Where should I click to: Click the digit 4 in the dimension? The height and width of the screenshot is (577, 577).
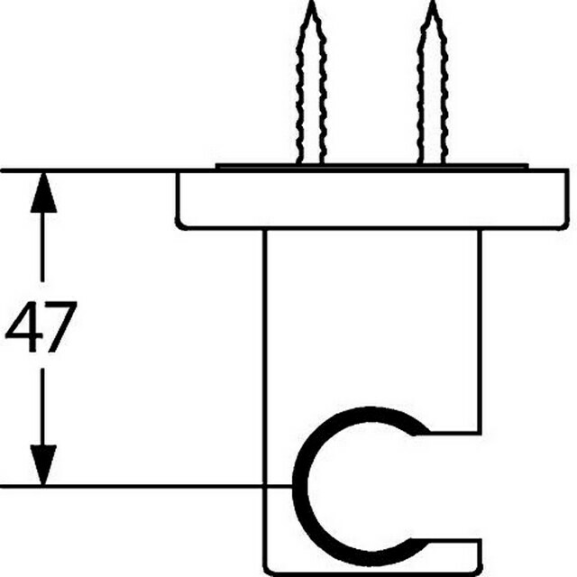click(x=23, y=326)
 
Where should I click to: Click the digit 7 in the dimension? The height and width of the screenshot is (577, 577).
click(x=60, y=326)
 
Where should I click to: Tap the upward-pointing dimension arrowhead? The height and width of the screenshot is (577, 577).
click(x=43, y=192)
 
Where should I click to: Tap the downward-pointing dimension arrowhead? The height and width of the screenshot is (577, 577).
click(x=43, y=465)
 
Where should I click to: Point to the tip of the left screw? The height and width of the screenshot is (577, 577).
click(x=311, y=2)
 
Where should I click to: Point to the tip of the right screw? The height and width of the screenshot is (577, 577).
click(x=433, y=2)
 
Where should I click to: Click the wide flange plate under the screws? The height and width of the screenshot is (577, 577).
click(x=372, y=200)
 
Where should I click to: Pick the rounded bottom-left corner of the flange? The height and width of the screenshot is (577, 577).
click(x=180, y=225)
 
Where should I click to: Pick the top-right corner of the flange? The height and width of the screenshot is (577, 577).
click(x=567, y=170)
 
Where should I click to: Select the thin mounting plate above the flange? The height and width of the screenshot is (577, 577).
click(x=371, y=166)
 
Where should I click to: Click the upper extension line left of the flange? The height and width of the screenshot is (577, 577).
click(x=88, y=170)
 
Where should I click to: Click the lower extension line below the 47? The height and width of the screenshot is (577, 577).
click(x=146, y=487)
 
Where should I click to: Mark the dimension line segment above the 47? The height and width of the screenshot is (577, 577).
click(x=43, y=247)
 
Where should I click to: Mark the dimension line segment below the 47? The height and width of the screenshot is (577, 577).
click(x=43, y=407)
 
